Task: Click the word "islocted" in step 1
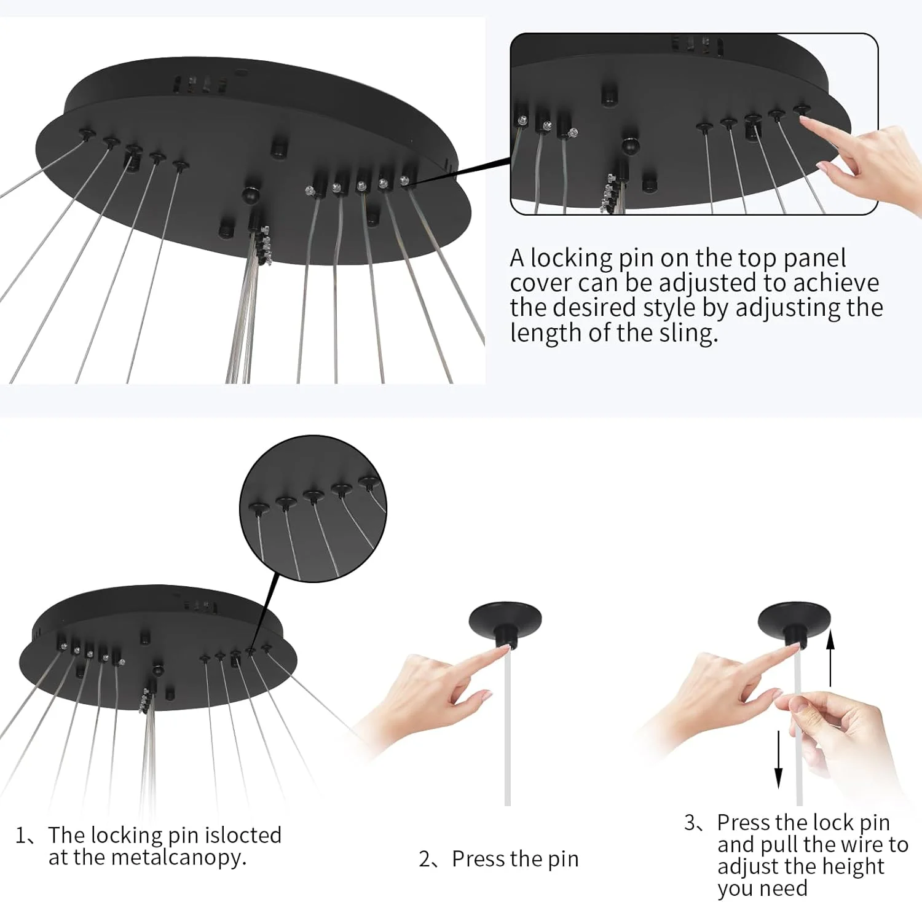243,835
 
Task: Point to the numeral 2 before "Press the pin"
425,859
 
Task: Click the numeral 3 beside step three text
690,823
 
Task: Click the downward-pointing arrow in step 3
778,759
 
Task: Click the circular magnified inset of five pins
313,508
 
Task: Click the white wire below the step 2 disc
507,728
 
